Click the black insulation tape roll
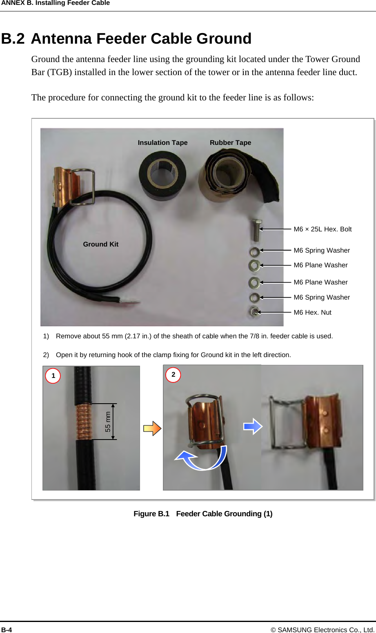point(162,175)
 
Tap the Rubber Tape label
point(230,142)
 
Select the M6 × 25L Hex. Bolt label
point(323,229)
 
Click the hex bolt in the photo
point(256,230)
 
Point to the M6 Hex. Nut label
point(312,312)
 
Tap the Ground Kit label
point(100,244)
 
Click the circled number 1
point(53,375)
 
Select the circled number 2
point(173,374)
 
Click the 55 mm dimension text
point(108,422)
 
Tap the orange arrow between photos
point(152,428)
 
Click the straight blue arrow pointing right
point(253,426)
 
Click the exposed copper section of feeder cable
point(84,422)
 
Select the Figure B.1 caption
point(203,513)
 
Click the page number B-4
point(7,630)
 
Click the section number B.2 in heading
point(13,39)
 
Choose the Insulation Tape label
point(162,142)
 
